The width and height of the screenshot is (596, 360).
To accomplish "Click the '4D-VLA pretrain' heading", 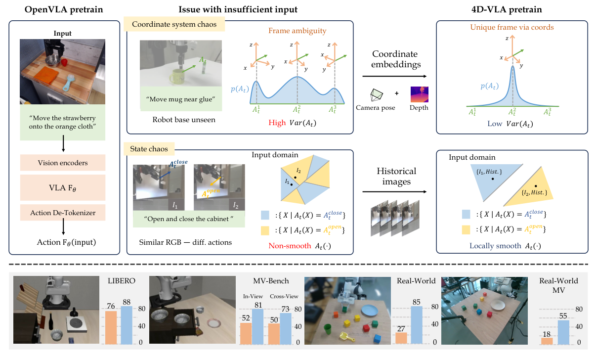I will (x=511, y=9).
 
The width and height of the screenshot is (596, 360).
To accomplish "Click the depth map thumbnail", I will (x=419, y=94).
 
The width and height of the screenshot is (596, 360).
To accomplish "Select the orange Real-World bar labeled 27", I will (x=401, y=337).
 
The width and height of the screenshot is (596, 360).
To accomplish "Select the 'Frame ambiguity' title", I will (x=297, y=31).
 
